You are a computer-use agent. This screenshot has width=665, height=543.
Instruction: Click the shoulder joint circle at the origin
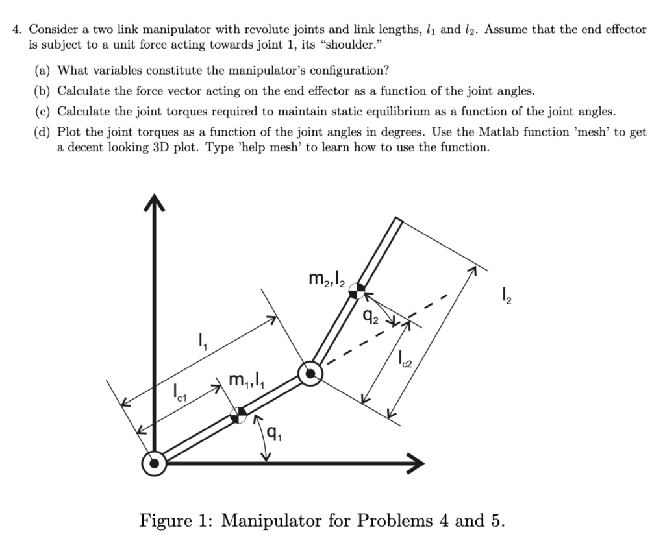pyautogui.click(x=154, y=463)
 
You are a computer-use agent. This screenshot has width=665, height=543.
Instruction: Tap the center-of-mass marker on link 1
pyautogui.click(x=239, y=415)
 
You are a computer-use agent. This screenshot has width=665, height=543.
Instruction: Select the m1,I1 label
pyautogui.click(x=245, y=380)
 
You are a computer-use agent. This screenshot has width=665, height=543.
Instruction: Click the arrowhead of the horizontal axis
pyautogui.click(x=414, y=463)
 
